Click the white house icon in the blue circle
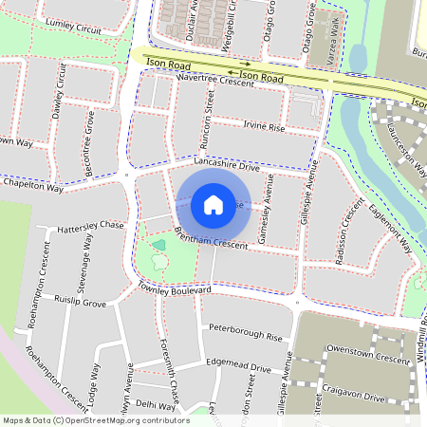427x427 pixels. click(213, 205)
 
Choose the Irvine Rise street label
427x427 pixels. click(264, 127)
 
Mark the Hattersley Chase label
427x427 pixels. click(90, 226)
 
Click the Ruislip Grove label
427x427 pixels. click(81, 305)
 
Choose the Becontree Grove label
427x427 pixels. click(89, 138)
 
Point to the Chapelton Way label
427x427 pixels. click(32, 188)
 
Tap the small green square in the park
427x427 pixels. click(158, 245)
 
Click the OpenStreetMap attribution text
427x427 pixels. click(95, 419)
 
